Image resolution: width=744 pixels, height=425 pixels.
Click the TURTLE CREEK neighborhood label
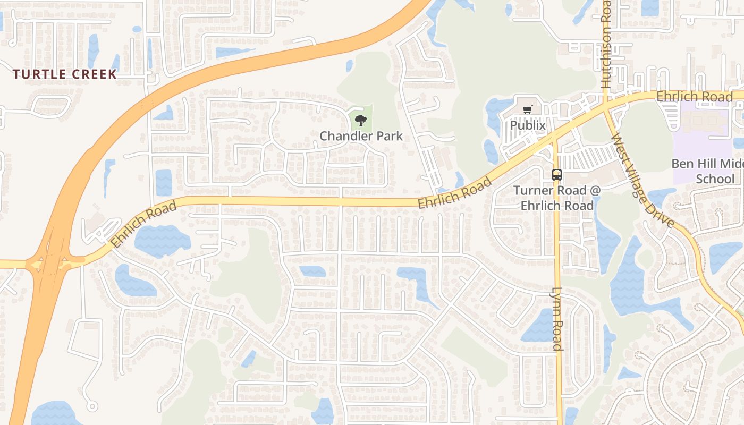(64, 74)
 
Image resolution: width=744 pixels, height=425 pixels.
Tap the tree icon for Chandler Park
(361, 120)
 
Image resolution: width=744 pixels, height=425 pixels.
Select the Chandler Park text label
(361, 136)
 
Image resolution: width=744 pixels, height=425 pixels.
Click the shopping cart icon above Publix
(528, 109)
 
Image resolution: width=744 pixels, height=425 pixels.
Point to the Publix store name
(528, 125)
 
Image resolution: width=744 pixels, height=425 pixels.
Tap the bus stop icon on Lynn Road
(556, 174)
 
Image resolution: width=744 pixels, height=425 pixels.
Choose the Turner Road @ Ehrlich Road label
(556, 198)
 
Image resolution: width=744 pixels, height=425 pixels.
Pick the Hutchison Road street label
(606, 45)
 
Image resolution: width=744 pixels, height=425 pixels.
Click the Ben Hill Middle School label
(707, 171)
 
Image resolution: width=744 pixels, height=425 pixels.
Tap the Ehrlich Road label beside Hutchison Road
(694, 97)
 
